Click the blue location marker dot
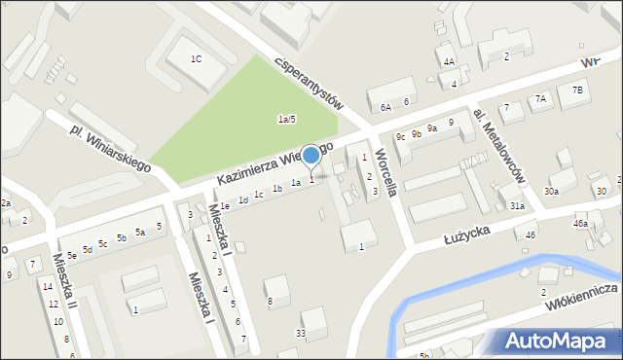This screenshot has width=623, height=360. (311, 155)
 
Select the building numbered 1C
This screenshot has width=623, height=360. (196, 59)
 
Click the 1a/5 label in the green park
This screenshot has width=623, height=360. (286, 119)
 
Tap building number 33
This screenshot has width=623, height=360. (301, 334)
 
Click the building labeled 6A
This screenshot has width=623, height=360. (385, 106)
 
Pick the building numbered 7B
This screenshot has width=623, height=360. (577, 90)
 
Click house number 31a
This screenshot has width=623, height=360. (517, 206)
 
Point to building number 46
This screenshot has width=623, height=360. (531, 234)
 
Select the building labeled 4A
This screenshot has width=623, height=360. (449, 61)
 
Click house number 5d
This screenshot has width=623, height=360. (87, 250)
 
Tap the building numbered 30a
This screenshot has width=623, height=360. (551, 191)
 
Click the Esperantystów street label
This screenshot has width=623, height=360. (311, 79)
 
